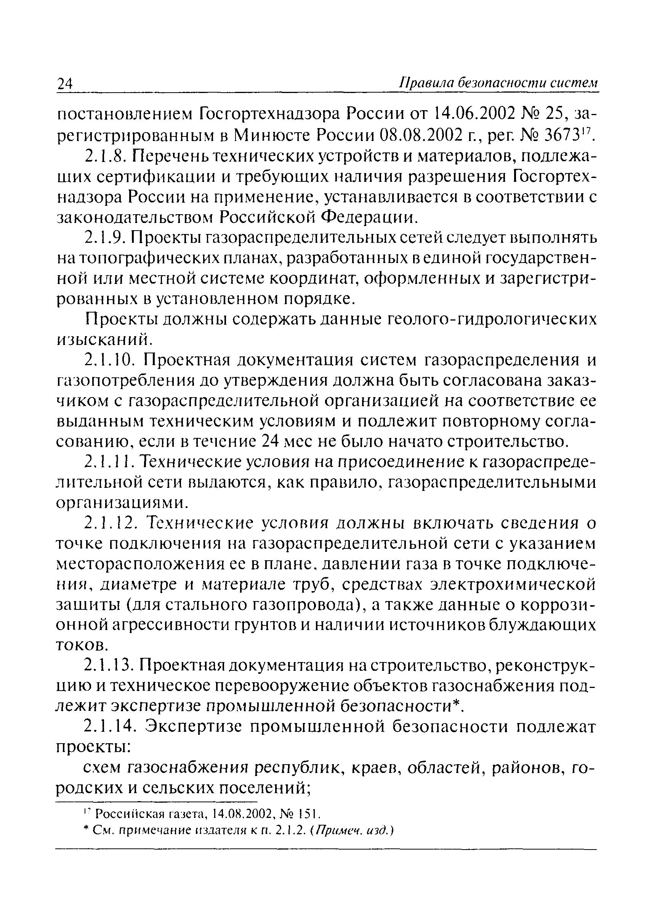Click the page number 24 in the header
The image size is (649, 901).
click(x=65, y=85)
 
